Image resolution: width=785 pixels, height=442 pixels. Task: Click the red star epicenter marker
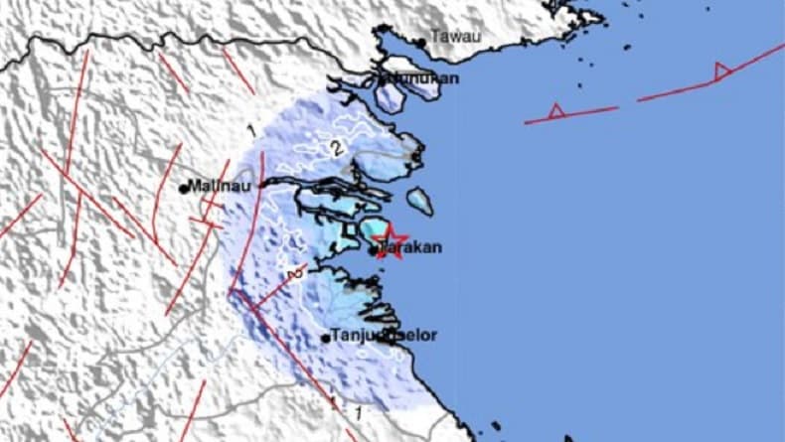pyautogui.click(x=392, y=241)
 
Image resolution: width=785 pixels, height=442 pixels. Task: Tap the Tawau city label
pyautogui.click(x=458, y=38)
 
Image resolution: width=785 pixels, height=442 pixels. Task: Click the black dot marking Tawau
pyautogui.click(x=421, y=42)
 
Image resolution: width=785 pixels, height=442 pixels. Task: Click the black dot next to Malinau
pyautogui.click(x=185, y=187)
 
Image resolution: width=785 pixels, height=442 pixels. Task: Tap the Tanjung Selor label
pyautogui.click(x=369, y=337)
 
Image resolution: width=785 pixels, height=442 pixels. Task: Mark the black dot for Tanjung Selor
pyautogui.click(x=326, y=339)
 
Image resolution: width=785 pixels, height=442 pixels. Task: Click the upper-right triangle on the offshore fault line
pyautogui.click(x=721, y=71)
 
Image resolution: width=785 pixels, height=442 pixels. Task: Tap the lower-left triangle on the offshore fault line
pyautogui.click(x=556, y=111)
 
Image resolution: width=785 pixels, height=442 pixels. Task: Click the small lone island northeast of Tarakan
pyautogui.click(x=420, y=202)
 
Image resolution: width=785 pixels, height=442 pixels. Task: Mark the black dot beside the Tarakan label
pyautogui.click(x=374, y=251)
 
